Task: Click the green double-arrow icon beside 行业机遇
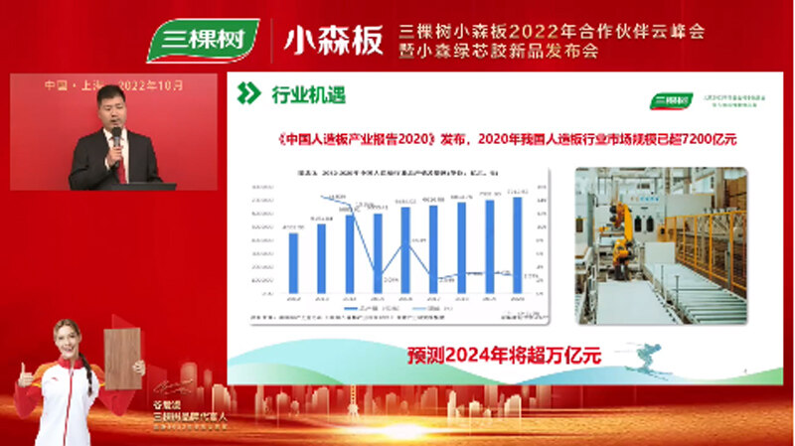click(249, 94)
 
